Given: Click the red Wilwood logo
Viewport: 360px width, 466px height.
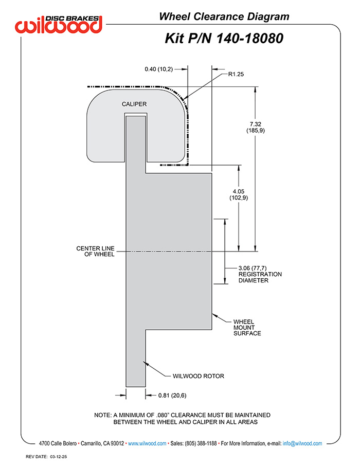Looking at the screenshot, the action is pyautogui.click(x=59, y=24).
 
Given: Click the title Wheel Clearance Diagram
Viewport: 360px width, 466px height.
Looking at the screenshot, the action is pyautogui.click(x=224, y=16).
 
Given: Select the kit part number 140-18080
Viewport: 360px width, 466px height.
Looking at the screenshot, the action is pyautogui.click(x=249, y=39).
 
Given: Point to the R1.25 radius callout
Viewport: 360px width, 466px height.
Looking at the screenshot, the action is pyautogui.click(x=236, y=74).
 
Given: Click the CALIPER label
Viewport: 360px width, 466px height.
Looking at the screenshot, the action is pyautogui.click(x=134, y=104).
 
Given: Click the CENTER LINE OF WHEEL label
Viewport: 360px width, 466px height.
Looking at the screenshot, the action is pyautogui.click(x=95, y=251).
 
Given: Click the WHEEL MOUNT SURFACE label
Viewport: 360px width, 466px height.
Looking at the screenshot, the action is pyautogui.click(x=247, y=328).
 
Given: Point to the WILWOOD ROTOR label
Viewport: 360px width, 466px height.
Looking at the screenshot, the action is pyautogui.click(x=199, y=376).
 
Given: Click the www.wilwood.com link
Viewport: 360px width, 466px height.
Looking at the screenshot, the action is pyautogui.click(x=147, y=443).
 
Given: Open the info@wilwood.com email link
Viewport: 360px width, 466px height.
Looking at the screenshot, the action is pyautogui.click(x=302, y=443).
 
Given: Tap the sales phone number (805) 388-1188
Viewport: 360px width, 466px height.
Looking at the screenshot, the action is pyautogui.click(x=201, y=443).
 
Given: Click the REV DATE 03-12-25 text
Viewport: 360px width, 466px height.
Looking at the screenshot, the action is pyautogui.click(x=46, y=457).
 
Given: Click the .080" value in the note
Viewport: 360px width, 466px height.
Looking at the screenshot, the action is pyautogui.click(x=162, y=415).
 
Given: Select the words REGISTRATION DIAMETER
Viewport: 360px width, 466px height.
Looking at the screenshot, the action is pyautogui.click(x=260, y=277).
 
